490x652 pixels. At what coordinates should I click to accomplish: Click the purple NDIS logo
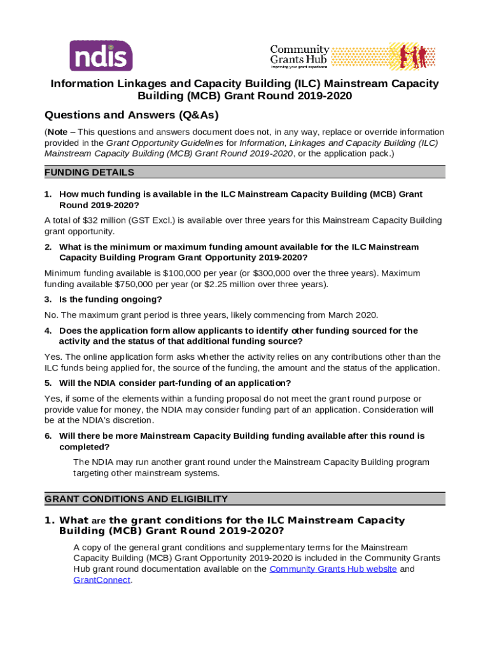(x=101, y=55)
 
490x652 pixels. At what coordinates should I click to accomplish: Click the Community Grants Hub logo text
(x=300, y=54)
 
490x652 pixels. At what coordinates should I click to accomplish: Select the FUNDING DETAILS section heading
(x=89, y=173)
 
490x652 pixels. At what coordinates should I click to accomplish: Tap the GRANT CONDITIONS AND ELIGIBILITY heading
(x=136, y=499)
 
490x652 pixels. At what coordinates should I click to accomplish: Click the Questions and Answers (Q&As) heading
(x=132, y=115)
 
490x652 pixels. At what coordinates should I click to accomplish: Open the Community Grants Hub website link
(x=333, y=569)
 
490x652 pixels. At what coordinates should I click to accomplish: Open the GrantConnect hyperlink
(x=102, y=580)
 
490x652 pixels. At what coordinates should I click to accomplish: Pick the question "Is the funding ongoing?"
(x=110, y=299)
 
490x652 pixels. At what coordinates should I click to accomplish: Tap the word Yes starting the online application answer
(x=52, y=357)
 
